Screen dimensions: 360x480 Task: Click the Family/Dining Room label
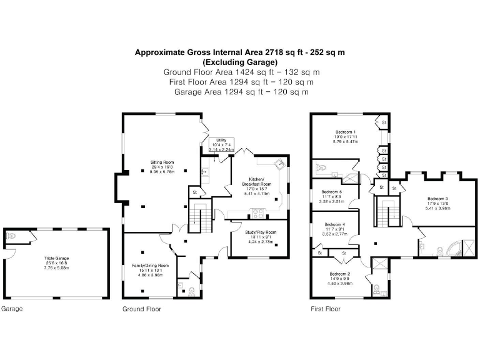pos(150,265)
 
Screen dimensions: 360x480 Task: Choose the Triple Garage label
pos(56,257)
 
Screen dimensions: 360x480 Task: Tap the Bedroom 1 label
pos(346,132)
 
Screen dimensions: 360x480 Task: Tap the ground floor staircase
pos(201,217)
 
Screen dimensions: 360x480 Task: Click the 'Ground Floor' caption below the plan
pos(142,309)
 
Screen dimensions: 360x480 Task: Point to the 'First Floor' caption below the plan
pos(326,309)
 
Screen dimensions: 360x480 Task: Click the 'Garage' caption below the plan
pos(12,309)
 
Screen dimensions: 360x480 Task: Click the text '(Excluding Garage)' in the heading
pos(240,62)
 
